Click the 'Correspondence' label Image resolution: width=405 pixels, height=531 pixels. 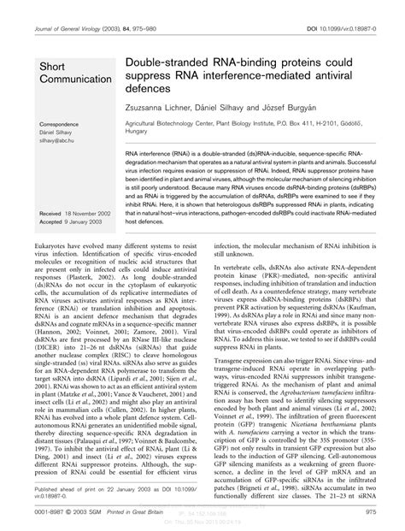[60, 125]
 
